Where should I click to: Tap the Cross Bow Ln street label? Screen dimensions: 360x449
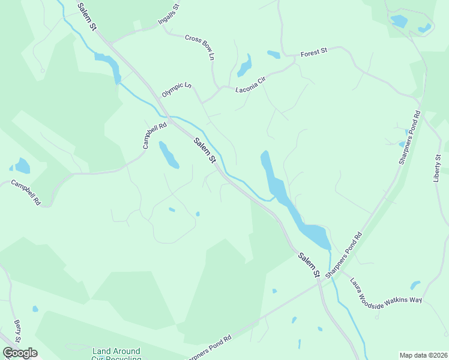[200, 47]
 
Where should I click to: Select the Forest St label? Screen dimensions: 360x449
[314, 53]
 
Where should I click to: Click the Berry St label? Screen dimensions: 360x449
[17, 331]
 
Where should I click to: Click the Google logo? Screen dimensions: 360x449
[20, 353]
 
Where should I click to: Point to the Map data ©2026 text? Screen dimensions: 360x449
[423, 355]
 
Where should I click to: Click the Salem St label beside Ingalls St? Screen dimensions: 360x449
[86, 16]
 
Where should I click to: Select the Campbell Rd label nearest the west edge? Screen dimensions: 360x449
[25, 194]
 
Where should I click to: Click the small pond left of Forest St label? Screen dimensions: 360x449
[274, 55]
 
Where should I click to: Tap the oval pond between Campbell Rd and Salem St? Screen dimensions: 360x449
[168, 155]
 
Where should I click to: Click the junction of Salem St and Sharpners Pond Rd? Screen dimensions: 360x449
[320, 283]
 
